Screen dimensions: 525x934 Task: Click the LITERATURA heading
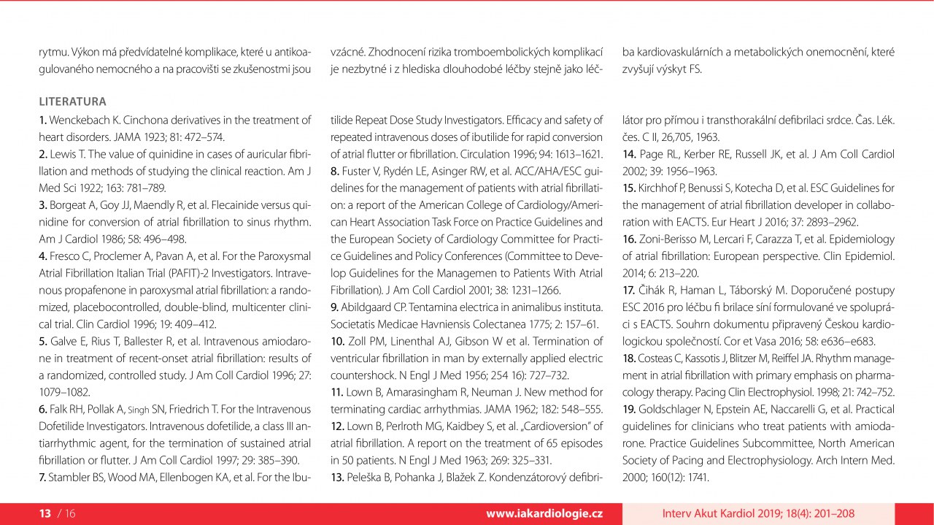coord(72,101)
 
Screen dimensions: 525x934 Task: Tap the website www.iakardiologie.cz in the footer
coord(544,514)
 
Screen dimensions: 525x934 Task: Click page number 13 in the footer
coord(45,514)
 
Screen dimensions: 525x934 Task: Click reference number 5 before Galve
coord(42,341)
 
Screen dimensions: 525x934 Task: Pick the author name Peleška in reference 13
coord(366,478)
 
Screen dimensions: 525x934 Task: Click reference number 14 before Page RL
coord(629,154)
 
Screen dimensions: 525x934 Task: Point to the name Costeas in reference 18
coord(657,358)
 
